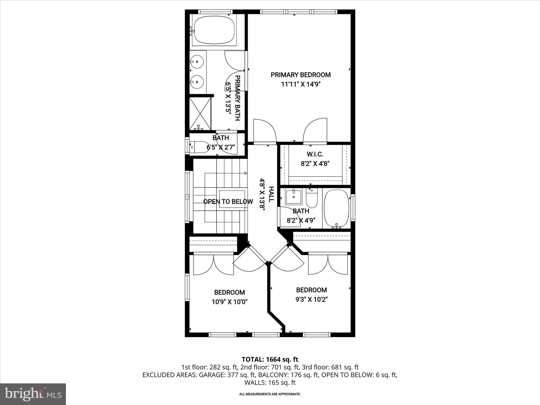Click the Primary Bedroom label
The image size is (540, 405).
(x=301, y=75)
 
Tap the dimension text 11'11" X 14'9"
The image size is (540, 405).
(x=301, y=84)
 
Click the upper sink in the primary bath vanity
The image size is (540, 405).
(x=197, y=61)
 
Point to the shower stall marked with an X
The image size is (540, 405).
(x=200, y=113)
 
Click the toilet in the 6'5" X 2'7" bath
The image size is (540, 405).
(x=199, y=147)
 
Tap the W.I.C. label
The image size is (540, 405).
(x=315, y=154)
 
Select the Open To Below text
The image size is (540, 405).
(x=228, y=202)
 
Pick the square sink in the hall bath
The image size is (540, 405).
(x=294, y=197)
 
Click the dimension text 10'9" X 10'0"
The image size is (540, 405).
(x=229, y=302)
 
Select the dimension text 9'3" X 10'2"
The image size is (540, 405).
(x=311, y=300)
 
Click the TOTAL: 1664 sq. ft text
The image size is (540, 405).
(x=270, y=359)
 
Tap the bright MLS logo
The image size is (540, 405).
(x=33, y=394)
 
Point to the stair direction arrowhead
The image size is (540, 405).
(x=245, y=173)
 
